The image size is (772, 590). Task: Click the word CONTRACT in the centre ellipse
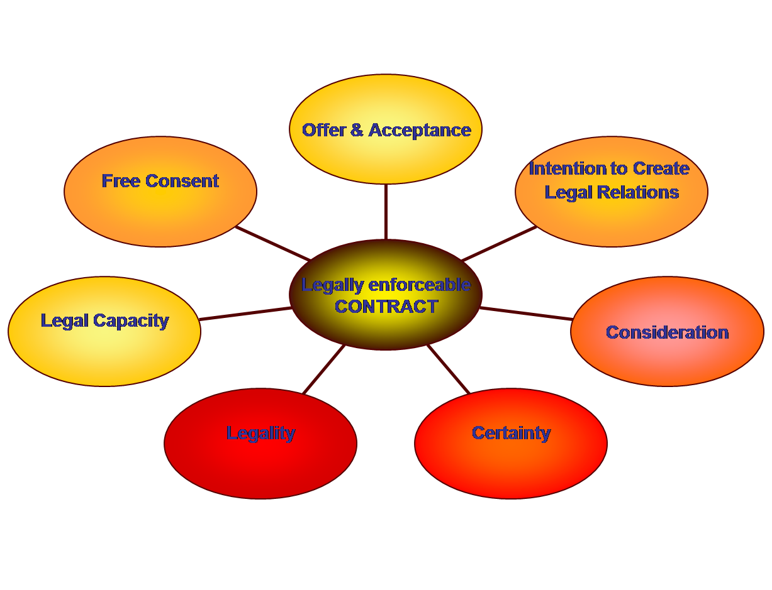click(x=386, y=307)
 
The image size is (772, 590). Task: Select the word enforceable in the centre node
click(x=419, y=285)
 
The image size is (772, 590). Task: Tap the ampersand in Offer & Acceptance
click(x=357, y=130)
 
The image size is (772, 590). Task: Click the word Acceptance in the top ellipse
click(x=420, y=130)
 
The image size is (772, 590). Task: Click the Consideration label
click(x=667, y=332)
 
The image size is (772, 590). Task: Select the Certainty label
click(x=511, y=433)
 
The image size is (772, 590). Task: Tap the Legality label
click(x=260, y=433)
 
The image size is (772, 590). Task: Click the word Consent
click(x=182, y=181)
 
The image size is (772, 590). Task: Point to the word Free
click(x=121, y=181)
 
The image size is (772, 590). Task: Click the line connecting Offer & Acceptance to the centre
click(x=386, y=212)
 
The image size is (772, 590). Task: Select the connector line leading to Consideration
click(x=526, y=314)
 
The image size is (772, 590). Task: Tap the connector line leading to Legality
click(x=323, y=369)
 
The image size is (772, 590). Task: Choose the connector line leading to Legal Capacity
click(x=245, y=314)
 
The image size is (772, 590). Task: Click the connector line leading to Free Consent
click(x=272, y=243)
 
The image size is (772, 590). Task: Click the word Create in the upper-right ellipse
click(x=661, y=168)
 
